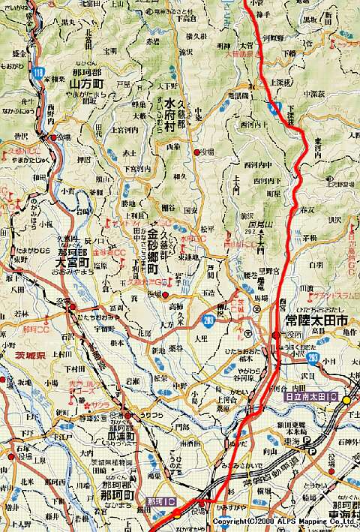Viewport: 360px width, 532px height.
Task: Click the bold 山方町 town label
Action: [x=85, y=85]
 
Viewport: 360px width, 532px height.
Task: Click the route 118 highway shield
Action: [x=37, y=72]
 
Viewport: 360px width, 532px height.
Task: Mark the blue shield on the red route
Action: [x=268, y=110]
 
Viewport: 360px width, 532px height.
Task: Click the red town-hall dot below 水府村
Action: [x=197, y=152]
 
